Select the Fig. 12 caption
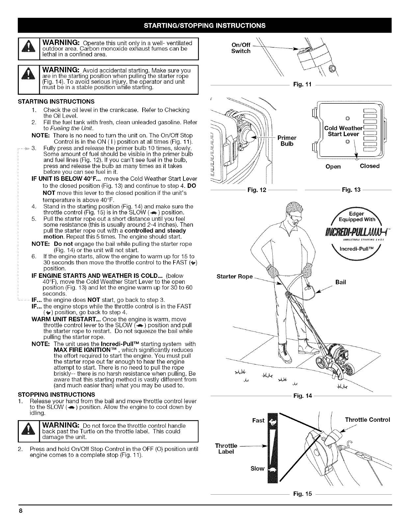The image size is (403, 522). [x=255, y=189]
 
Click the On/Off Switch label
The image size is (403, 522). [x=241, y=48]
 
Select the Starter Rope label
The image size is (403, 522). [x=234, y=276]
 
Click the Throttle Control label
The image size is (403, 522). [x=367, y=420]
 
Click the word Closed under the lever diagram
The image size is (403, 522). [x=370, y=166]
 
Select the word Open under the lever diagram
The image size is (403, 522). [x=333, y=166]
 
